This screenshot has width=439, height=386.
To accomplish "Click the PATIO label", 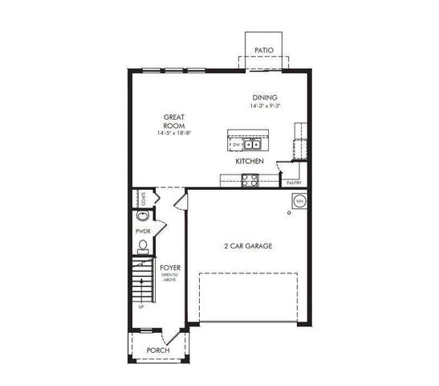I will coord(264,51).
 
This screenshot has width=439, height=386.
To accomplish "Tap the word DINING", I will coord(264,97).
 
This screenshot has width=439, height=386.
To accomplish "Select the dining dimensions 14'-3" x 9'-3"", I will coord(264,105).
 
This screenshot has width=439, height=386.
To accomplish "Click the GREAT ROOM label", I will coord(174,121).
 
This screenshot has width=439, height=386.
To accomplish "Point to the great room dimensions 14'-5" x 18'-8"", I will coord(174,133).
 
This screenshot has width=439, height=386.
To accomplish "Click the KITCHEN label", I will coord(250,162).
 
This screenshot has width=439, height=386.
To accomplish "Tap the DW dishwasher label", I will coord(235,145).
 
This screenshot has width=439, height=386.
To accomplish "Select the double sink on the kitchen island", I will coord(253,144).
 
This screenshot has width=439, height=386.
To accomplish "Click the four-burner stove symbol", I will coord(250,180).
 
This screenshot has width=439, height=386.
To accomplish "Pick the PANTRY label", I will coord(294,183).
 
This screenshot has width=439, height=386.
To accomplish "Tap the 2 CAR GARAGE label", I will coord(247,246).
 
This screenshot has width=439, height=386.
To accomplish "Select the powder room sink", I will coord(142,216).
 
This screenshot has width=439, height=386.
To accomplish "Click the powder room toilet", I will coord(143,246).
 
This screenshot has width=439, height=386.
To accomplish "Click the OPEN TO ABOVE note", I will coord(169,277).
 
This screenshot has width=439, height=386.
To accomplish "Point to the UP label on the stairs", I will coord(142,306).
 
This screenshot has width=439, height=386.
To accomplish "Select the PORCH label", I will coord(158,350).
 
